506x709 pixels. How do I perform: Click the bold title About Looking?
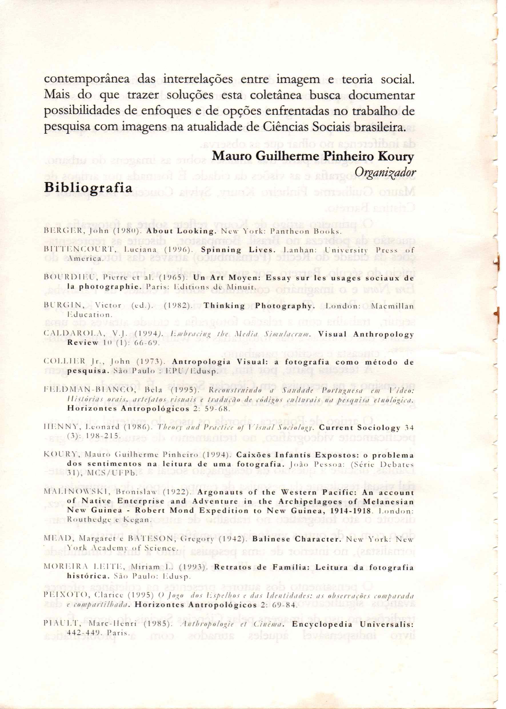tap(181, 231)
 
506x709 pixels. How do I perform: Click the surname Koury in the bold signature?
tap(396, 156)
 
